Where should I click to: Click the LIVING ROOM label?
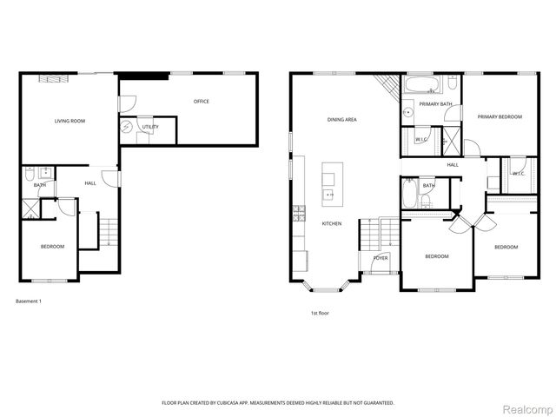(69, 121)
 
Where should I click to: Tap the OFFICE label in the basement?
(201, 102)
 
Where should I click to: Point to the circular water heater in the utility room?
(129, 127)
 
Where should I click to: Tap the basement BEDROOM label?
(52, 247)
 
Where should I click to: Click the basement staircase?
(108, 232)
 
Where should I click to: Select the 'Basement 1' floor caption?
(28, 301)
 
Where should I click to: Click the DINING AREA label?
(342, 119)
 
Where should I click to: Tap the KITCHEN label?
(332, 223)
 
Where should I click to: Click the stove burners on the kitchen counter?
(297, 211)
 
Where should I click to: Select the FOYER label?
(381, 258)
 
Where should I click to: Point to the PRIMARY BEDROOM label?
(499, 116)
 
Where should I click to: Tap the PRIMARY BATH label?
(435, 104)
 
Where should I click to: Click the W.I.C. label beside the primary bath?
(421, 139)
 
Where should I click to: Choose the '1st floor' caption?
(320, 313)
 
